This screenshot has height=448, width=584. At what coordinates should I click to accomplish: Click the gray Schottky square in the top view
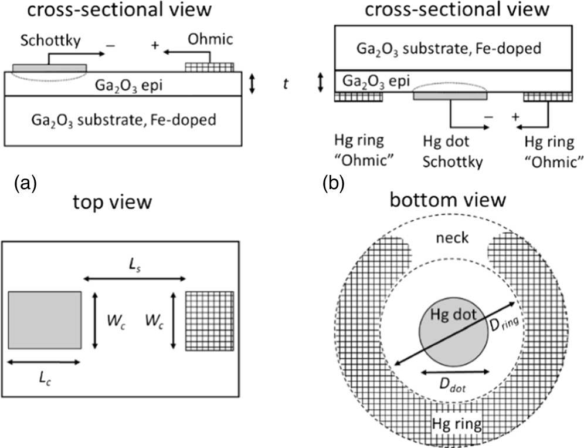click(45, 320)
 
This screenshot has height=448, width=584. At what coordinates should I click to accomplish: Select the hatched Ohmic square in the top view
click(209, 321)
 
